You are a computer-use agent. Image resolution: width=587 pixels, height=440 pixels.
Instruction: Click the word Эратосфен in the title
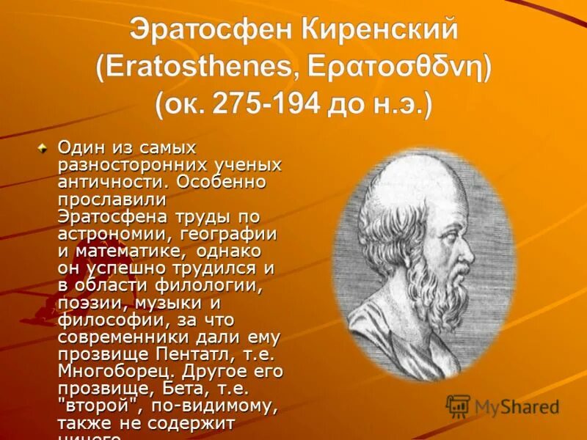(209, 30)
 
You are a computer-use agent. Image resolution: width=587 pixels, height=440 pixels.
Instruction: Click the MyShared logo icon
(458, 406)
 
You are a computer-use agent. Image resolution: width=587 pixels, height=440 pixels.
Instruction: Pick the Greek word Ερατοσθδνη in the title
(399, 67)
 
